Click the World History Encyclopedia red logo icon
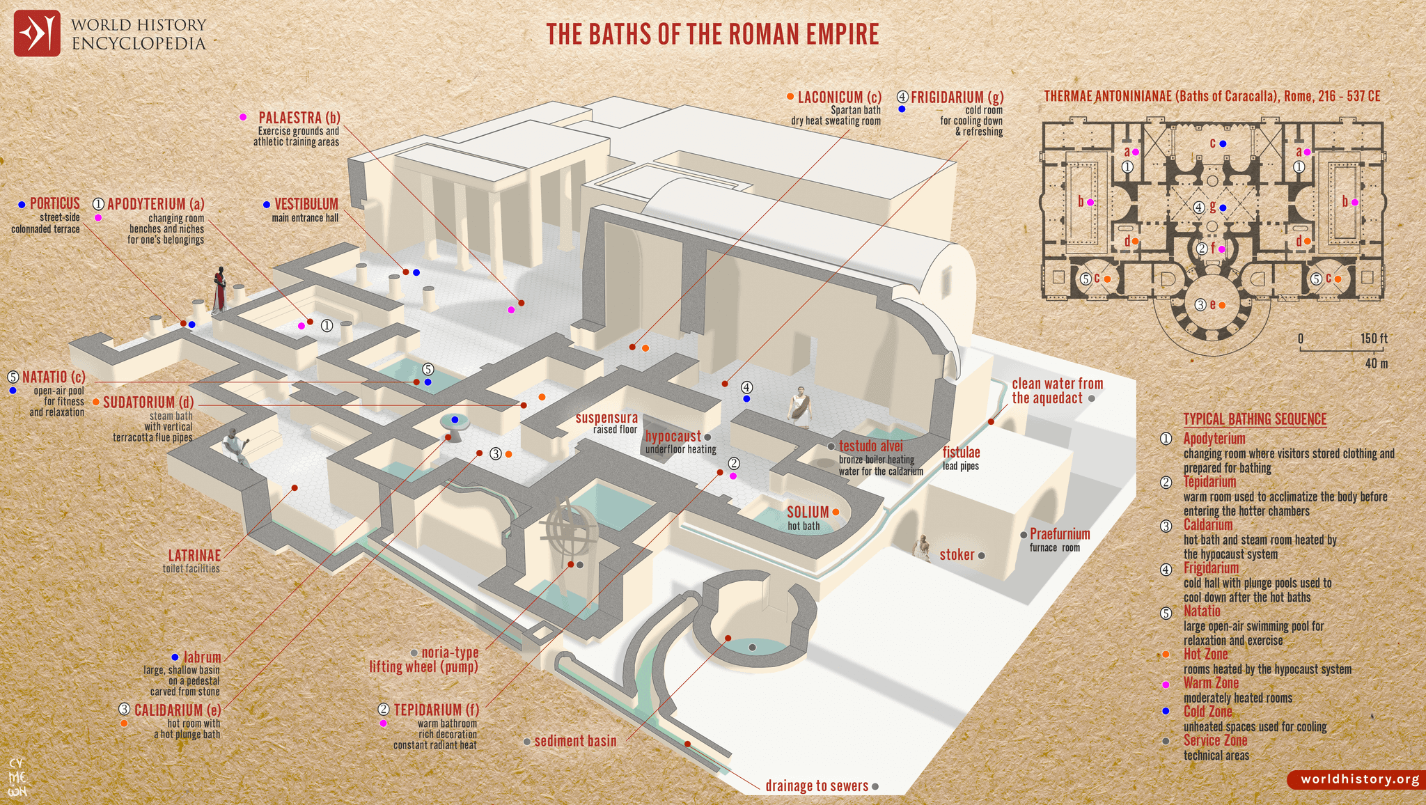[x=37, y=33]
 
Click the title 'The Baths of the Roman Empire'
[x=712, y=34]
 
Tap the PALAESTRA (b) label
[x=299, y=118]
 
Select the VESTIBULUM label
[x=306, y=204]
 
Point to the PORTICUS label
[x=55, y=203]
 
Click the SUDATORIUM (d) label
[x=148, y=402]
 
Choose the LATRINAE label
[x=194, y=556]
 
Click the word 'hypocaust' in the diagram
[x=673, y=437]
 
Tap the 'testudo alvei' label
[x=870, y=446]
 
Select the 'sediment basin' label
[x=575, y=741]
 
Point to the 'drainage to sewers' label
[x=817, y=786]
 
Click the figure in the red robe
[x=220, y=289]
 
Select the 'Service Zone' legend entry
[x=1215, y=740]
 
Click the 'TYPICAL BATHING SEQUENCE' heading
[x=1255, y=419]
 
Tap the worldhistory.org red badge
[x=1355, y=779]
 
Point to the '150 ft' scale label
[x=1374, y=338]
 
